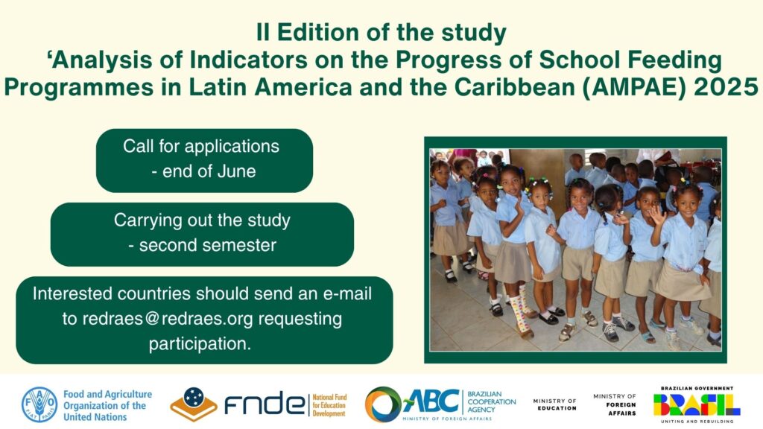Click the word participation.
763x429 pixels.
coord(200,344)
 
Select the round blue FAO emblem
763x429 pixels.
coord(39,404)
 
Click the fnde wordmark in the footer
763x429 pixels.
coord(264,404)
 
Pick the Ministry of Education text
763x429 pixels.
coord(554,404)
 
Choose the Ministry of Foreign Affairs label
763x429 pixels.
coord(615,404)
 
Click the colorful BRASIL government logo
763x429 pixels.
coord(697,404)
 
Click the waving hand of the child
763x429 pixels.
coord(658,214)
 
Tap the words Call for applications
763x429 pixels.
coord(201,147)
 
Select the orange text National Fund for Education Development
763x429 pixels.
coord(329,405)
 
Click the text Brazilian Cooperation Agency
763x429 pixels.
coord(492,401)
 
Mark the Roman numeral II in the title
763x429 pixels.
coord(263,33)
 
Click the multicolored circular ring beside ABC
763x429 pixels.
coord(382,404)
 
